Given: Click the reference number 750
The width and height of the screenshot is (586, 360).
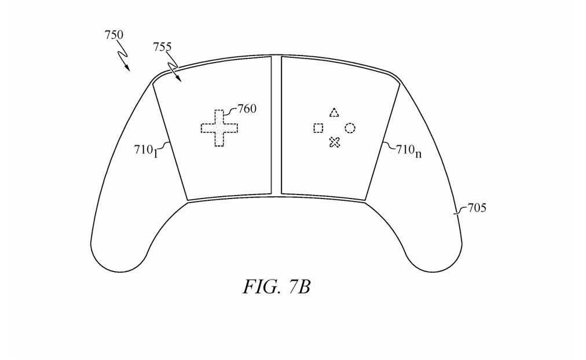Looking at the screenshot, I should [x=113, y=35].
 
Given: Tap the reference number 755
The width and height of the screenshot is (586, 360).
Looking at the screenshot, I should [x=162, y=47].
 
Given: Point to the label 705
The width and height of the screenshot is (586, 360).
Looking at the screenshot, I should [x=477, y=208].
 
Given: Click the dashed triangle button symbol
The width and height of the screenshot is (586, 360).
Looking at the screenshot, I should [x=334, y=112].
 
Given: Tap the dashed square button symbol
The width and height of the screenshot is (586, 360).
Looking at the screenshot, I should [x=318, y=128].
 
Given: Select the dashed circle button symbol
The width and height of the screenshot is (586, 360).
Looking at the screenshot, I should [x=350, y=128].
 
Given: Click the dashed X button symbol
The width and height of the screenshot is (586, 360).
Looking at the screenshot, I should [x=334, y=142].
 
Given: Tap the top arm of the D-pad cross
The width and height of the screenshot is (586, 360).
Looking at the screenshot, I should [x=219, y=115].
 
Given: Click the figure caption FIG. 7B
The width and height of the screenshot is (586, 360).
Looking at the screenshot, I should [x=277, y=286].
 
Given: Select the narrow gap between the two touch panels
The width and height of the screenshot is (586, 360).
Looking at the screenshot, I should [x=276, y=124].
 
